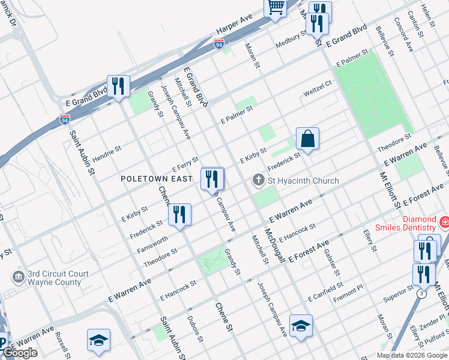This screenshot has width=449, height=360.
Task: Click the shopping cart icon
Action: tap(276, 8)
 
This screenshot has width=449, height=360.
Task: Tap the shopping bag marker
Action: tap(307, 139)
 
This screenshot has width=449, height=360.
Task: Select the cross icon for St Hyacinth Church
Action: tap(258, 180)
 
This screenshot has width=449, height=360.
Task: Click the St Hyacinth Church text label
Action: tap(304, 181)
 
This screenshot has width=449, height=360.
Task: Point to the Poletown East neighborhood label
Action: tap(157, 179)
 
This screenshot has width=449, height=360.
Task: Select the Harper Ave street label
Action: tap(234, 27)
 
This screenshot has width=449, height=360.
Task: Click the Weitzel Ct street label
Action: tap(318, 89)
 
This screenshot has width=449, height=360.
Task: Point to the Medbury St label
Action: tap(291, 40)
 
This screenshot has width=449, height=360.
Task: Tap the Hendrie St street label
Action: tap(107, 151)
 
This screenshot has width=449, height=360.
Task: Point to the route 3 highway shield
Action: tap(422, 292)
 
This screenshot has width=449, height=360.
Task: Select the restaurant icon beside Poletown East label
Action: tap(212, 179)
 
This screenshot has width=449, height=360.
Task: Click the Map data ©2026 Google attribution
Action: tap(412, 355)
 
